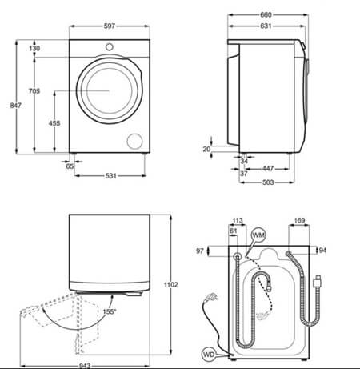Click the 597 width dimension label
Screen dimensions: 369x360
tap(110, 26)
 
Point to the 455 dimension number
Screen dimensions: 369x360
tap(54, 123)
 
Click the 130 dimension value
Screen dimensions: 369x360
tap(34, 49)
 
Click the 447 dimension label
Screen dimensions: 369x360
tap(268, 169)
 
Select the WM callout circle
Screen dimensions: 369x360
tap(258, 235)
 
